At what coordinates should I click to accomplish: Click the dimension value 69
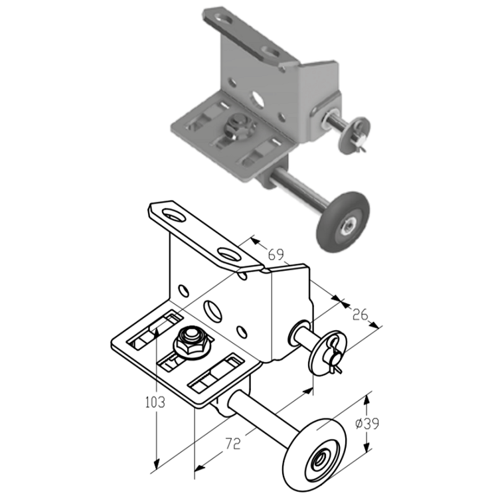(276, 254)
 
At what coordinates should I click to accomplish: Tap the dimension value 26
(360, 315)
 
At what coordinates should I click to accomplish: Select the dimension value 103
(155, 402)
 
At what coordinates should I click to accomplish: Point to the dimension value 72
(233, 444)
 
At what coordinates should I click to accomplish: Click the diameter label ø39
(367, 424)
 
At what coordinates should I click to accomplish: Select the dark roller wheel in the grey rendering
(343, 222)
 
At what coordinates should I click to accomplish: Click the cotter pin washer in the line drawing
(328, 353)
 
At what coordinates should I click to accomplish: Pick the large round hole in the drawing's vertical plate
(213, 310)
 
